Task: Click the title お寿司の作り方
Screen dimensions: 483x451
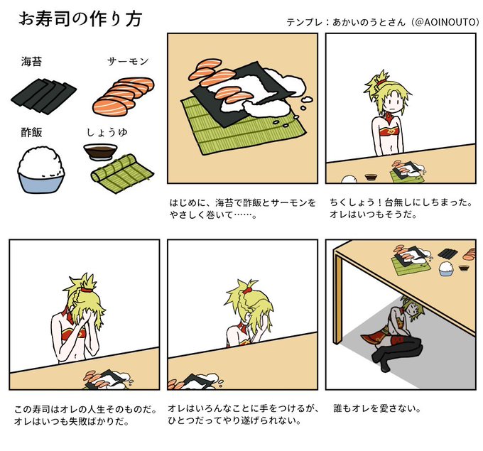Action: [x=80, y=19]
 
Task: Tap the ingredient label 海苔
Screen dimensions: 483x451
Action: [x=31, y=62]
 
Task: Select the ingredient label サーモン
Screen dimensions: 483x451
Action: [x=128, y=62]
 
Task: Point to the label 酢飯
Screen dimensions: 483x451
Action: [x=31, y=133]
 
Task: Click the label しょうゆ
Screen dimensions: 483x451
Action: [x=107, y=133]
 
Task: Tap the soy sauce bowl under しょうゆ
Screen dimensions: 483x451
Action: [x=100, y=151]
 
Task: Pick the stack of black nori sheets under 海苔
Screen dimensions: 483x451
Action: [x=43, y=96]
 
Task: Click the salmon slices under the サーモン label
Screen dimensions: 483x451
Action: [x=123, y=96]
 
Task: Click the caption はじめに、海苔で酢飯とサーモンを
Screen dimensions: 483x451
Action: [x=243, y=202]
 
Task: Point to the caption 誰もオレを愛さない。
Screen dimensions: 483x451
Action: [x=377, y=408]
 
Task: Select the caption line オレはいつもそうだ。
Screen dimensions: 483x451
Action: [x=374, y=214]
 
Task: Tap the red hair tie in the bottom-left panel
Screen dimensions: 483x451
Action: [x=87, y=290]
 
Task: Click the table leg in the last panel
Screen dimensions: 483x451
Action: [x=338, y=299]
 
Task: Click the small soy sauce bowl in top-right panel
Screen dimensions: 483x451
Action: [x=371, y=177]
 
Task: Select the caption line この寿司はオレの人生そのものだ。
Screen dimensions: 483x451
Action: [x=85, y=409]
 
